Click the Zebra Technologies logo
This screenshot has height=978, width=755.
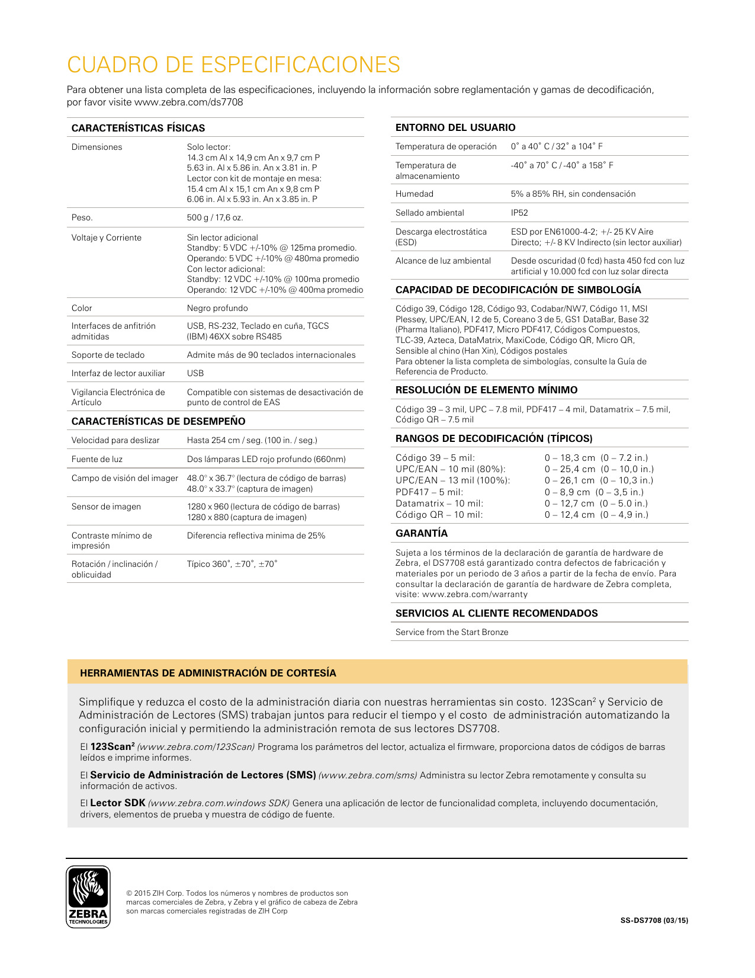click(88, 897)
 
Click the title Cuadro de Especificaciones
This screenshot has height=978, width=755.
click(233, 65)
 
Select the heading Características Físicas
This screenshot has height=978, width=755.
click(138, 128)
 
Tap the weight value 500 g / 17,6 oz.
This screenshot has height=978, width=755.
click(215, 217)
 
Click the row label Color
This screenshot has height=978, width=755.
click(82, 308)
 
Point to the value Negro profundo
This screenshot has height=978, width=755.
click(217, 308)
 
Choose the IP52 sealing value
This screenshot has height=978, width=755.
click(519, 213)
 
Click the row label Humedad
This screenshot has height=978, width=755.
click(415, 194)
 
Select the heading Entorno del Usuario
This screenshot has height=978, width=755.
click(455, 127)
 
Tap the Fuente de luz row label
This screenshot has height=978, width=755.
click(97, 459)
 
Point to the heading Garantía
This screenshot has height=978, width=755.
click(422, 533)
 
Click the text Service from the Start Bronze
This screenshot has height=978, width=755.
click(452, 632)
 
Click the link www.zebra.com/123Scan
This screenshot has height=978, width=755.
click(196, 747)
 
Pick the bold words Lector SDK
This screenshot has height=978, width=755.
click(118, 803)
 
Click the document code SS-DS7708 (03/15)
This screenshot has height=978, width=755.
click(654, 921)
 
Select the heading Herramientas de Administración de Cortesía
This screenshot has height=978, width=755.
click(208, 673)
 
